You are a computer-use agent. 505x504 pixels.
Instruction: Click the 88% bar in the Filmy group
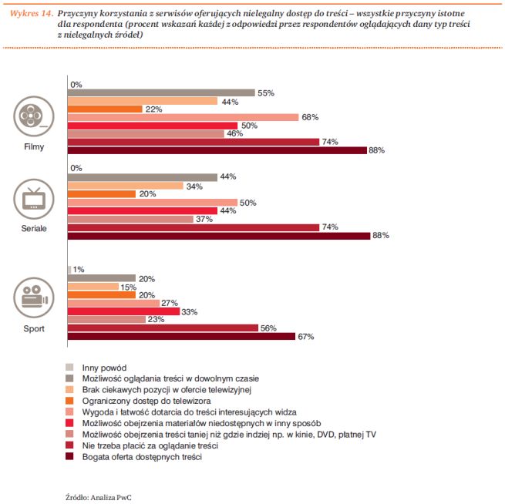(217, 150)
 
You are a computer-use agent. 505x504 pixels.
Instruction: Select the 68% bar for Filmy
(183, 117)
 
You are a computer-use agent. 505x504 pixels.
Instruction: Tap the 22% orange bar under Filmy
(105, 109)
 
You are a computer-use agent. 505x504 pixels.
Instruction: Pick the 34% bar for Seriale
(126, 186)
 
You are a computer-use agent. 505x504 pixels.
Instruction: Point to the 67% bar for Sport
(181, 336)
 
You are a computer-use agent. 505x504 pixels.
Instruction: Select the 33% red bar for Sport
(123, 311)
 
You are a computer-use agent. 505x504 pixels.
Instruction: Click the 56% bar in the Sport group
(163, 328)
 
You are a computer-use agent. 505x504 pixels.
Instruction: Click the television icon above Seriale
(34, 200)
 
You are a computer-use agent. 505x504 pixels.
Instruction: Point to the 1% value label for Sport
(78, 269)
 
